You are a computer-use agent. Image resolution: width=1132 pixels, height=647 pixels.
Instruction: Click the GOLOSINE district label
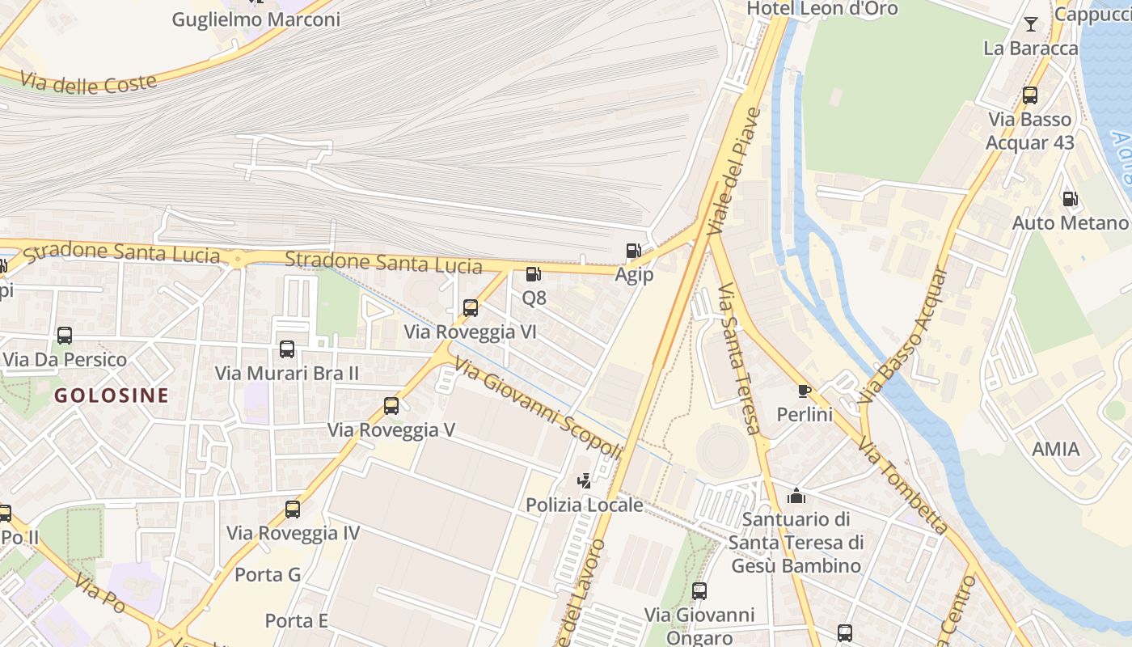coord(112,395)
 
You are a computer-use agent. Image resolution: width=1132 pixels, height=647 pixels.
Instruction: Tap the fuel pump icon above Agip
coord(633,252)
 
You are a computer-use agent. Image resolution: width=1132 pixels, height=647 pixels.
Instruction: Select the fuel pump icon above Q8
coord(533,275)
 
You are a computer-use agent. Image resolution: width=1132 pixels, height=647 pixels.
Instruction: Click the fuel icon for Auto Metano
coord(1070,199)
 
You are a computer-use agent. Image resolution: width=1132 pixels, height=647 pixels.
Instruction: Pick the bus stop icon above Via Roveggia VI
coord(471,308)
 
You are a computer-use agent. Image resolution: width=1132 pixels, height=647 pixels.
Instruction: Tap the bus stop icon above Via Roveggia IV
coord(293,510)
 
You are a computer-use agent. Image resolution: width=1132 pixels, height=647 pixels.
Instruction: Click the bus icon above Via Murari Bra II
coord(287,349)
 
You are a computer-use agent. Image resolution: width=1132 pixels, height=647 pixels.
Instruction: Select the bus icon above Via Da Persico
coord(65,336)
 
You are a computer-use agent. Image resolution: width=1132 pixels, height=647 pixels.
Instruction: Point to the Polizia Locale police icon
coord(584,481)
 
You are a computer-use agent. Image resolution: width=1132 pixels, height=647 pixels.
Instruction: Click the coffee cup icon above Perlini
coord(804,391)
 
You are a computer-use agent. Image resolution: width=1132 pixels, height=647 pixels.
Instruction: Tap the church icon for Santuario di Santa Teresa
coord(796,495)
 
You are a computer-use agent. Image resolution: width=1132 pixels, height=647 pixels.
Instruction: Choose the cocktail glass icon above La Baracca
coord(1031,24)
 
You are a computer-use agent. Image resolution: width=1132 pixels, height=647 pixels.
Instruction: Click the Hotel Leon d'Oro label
coord(822,9)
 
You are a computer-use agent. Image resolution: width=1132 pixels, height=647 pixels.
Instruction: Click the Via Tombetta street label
coord(903,485)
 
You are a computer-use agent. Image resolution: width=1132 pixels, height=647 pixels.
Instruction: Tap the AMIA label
coord(1056,449)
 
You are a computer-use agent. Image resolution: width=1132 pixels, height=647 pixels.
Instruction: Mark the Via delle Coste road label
coord(89,82)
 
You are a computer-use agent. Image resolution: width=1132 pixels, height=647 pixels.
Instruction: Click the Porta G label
coord(268,575)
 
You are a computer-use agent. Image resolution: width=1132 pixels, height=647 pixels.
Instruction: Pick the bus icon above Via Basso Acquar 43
coord(1030,95)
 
